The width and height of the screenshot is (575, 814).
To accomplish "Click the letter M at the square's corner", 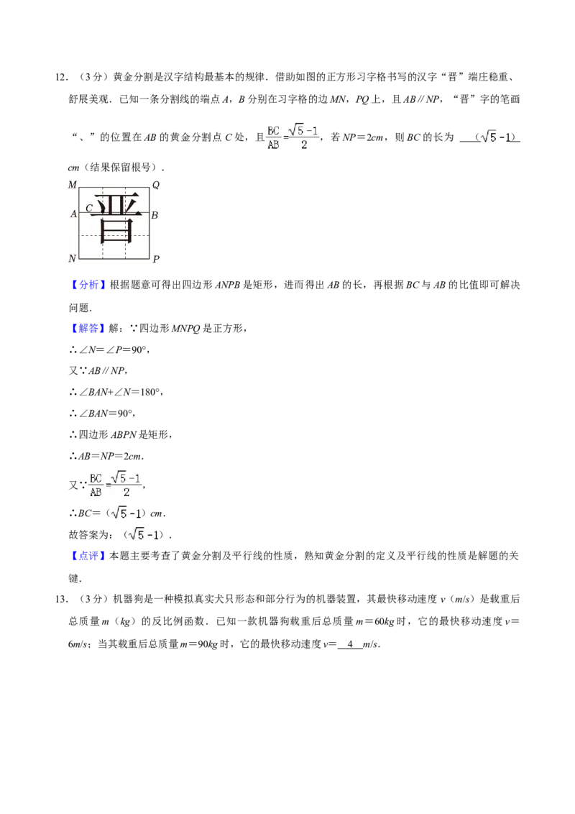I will (72, 186).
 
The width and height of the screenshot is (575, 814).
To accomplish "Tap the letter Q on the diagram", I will (156, 186).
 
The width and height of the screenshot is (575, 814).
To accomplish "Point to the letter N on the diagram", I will (72, 258).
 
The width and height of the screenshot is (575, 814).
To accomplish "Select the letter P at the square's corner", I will (156, 258).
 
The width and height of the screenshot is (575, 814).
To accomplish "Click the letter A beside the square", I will (73, 214).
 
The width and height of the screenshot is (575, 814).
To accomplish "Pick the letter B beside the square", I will (155, 215).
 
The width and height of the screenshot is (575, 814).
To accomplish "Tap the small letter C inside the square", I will (89, 209).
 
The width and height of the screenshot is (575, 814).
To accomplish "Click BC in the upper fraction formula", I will (273, 131).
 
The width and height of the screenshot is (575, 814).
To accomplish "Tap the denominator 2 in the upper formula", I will (304, 145).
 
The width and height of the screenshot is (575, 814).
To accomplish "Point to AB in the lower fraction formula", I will (95, 493).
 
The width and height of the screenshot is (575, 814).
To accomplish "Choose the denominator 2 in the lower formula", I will (126, 493).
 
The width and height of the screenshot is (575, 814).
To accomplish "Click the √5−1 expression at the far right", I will (494, 136).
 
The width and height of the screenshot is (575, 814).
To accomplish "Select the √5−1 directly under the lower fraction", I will (126, 513).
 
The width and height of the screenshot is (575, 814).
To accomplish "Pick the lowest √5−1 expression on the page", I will (144, 535).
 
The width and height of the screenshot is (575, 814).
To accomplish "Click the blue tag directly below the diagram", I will (89, 285).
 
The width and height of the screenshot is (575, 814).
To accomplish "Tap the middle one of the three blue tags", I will (89, 329).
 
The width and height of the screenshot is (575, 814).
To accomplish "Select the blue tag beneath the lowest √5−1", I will (89, 556).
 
